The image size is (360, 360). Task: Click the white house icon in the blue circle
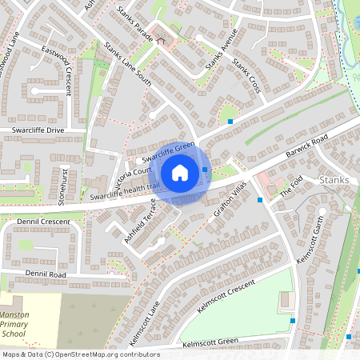coord(180,173)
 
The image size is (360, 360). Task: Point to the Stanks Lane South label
coord(128,65)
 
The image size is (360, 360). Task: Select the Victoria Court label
coord(132,178)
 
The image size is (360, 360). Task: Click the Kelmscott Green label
coord(210,343)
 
